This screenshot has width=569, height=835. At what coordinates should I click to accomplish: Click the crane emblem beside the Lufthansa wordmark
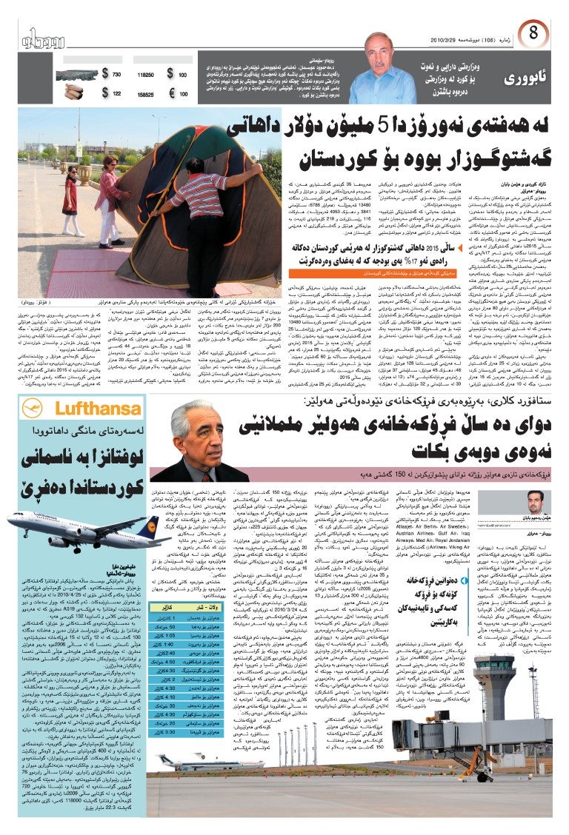coord(32,408)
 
